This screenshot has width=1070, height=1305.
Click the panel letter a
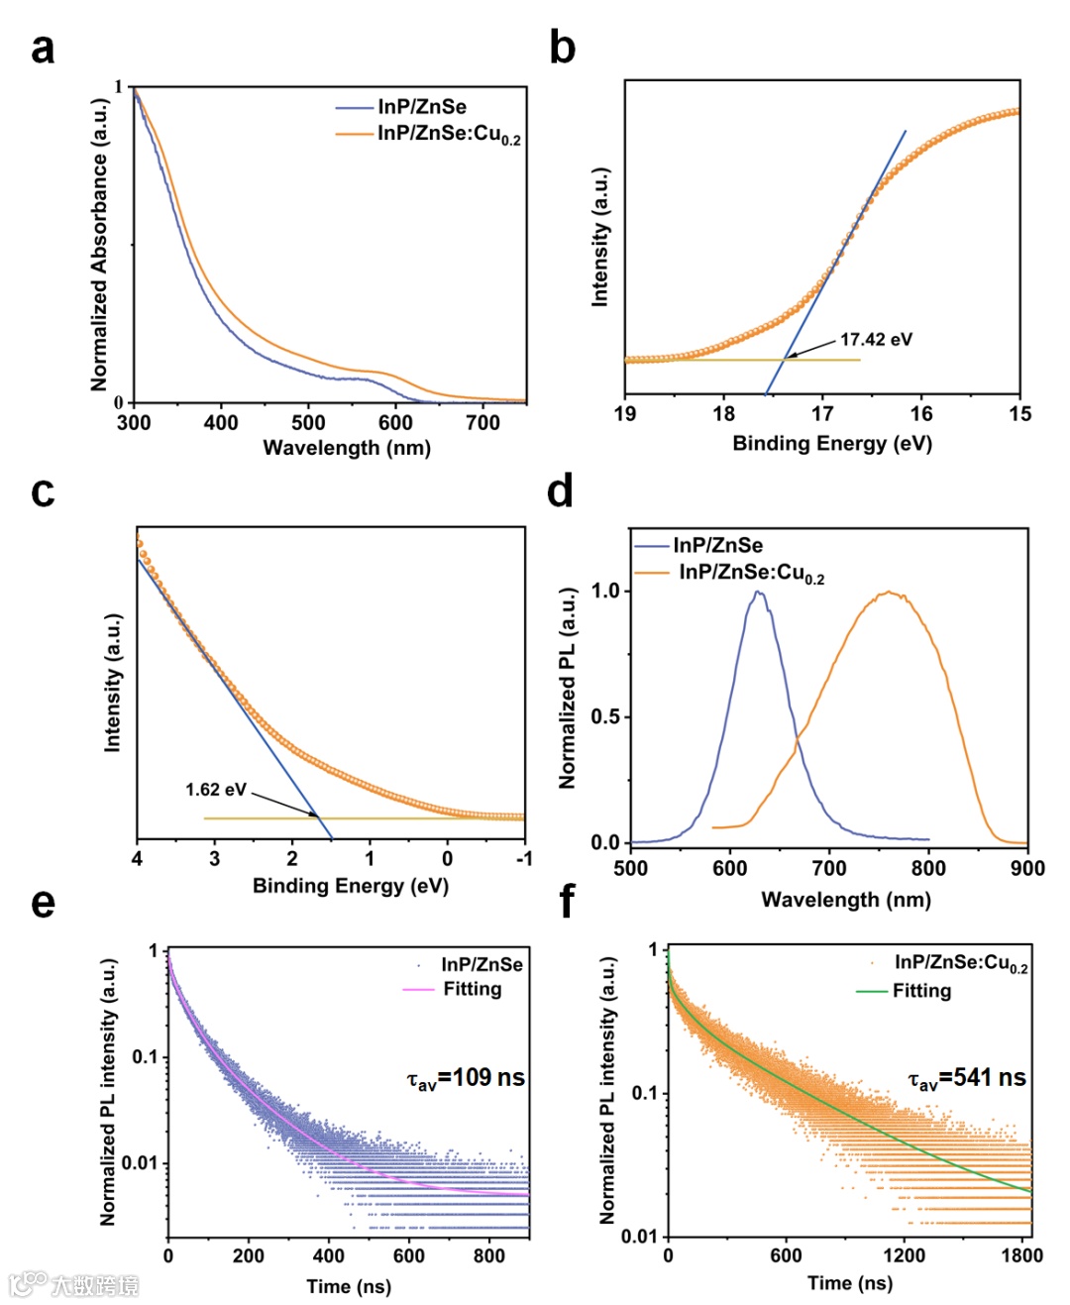click(x=43, y=48)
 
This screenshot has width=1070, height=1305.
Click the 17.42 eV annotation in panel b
click(x=876, y=340)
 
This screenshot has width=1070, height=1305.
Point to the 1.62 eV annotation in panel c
click(x=215, y=790)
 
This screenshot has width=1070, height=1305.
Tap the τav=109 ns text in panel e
click(x=466, y=1078)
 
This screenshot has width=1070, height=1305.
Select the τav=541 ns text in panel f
click(x=967, y=1078)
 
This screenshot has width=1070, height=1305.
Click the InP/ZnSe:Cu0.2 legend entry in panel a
click(x=448, y=134)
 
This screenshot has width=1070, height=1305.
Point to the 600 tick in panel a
click(x=395, y=423)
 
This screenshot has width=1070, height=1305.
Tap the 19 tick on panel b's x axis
click(x=625, y=414)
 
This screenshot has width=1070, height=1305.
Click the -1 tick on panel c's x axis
click(x=524, y=858)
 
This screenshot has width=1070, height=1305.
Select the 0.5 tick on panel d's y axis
click(x=605, y=716)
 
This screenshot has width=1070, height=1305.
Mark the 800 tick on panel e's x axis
click(x=489, y=1255)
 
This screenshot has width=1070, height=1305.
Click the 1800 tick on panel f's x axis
click(x=1021, y=1255)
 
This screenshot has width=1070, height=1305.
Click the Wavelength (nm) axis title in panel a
click(x=347, y=448)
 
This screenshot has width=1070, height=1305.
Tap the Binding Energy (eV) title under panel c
click(x=351, y=886)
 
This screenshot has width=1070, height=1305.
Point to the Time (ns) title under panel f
click(x=849, y=1284)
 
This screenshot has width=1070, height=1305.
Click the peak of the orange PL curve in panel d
click(x=890, y=593)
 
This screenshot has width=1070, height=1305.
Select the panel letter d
click(x=561, y=491)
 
